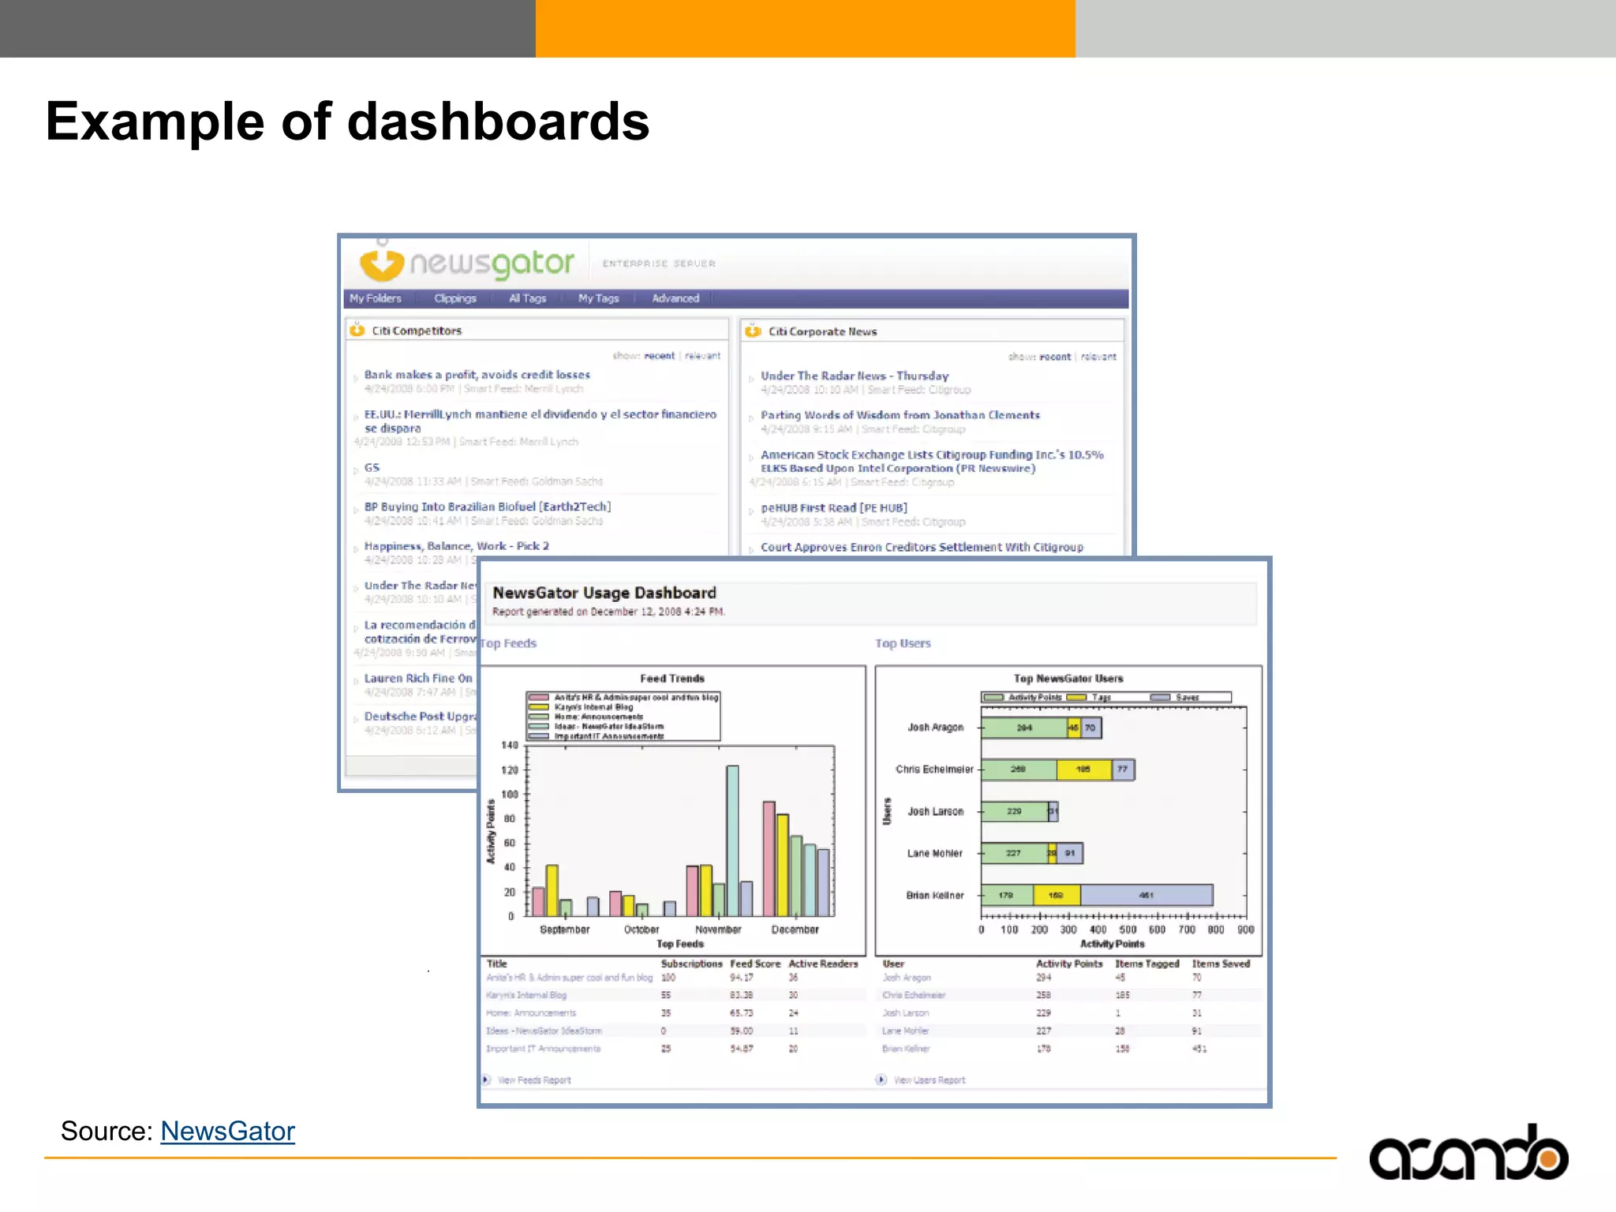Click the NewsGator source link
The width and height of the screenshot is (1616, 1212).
(227, 1132)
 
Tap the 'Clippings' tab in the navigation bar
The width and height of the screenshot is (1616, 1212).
(455, 298)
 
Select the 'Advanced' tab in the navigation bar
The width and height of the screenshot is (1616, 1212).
(675, 298)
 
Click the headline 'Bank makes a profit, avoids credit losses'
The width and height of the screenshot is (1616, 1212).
(477, 375)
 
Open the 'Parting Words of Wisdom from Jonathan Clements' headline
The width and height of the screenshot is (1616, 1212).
(900, 415)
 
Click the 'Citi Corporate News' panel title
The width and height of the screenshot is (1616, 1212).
(822, 331)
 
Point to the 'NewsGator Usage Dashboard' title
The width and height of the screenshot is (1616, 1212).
(604, 593)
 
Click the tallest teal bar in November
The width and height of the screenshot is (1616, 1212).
(732, 840)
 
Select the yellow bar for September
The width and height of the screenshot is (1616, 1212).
(552, 890)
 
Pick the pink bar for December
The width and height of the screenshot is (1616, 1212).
(769, 858)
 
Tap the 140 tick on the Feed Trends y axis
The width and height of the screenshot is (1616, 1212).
(510, 745)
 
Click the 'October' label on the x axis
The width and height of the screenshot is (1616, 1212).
(642, 930)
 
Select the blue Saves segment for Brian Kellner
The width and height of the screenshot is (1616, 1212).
(1146, 895)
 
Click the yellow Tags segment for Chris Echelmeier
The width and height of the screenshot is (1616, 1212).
(1083, 769)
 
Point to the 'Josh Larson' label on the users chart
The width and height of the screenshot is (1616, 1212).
(935, 811)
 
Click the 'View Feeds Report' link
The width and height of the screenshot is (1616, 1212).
(534, 1080)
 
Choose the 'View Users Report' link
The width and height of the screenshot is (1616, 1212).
(929, 1080)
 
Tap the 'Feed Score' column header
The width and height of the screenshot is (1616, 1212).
(755, 963)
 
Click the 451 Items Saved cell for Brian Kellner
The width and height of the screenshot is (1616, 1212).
(1199, 1049)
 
